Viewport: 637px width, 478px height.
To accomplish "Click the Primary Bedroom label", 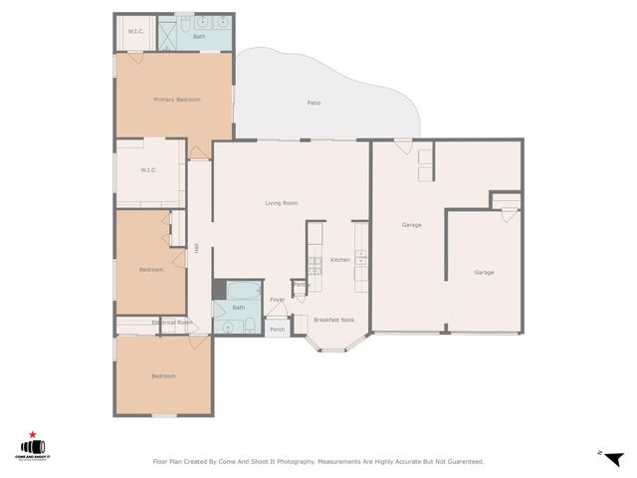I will click(x=176, y=100).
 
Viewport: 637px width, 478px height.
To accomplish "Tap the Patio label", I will click(x=313, y=103).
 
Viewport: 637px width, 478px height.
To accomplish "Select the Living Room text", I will click(x=282, y=203).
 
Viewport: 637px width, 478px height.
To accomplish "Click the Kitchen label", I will click(x=340, y=260).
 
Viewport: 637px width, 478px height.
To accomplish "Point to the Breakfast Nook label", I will click(x=333, y=320).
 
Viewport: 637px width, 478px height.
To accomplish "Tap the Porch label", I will click(x=278, y=330).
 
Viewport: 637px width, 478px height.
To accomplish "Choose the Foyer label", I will click(x=278, y=300).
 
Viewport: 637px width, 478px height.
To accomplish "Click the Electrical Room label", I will click(x=172, y=323).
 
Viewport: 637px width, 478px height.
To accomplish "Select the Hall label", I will click(x=198, y=248).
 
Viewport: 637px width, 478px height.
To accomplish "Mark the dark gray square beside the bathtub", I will click(x=219, y=289).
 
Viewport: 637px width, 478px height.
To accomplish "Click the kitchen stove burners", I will click(x=314, y=265).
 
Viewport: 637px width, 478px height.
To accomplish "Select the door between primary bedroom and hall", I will click(x=200, y=152).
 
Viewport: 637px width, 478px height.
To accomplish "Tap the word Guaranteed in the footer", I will click(x=464, y=461).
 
